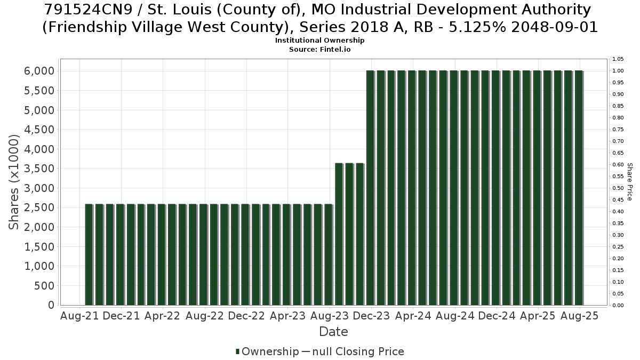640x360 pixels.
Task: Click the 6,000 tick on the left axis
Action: click(x=39, y=71)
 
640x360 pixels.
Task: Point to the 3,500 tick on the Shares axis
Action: click(x=39, y=169)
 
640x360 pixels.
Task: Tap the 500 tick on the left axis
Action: click(x=44, y=286)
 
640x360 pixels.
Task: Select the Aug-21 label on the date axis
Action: click(x=79, y=316)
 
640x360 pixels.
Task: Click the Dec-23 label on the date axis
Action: click(x=371, y=316)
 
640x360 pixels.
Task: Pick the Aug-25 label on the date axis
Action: click(x=579, y=316)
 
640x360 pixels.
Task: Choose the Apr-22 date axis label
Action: click(x=163, y=316)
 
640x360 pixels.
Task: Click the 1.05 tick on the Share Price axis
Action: click(x=618, y=59)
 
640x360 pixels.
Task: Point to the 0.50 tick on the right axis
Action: click(x=618, y=188)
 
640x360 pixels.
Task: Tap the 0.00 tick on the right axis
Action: click(x=618, y=306)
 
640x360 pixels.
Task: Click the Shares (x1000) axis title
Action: click(x=13, y=182)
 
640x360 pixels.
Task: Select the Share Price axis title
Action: click(x=629, y=182)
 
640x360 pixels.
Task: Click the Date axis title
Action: click(x=333, y=332)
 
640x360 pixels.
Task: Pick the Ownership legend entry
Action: click(x=267, y=351)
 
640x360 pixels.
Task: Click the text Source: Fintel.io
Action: click(x=319, y=50)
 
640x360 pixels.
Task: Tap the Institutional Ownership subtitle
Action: click(x=319, y=41)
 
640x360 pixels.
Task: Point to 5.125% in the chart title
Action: click(x=477, y=27)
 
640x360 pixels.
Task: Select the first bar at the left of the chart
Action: click(x=89, y=254)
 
